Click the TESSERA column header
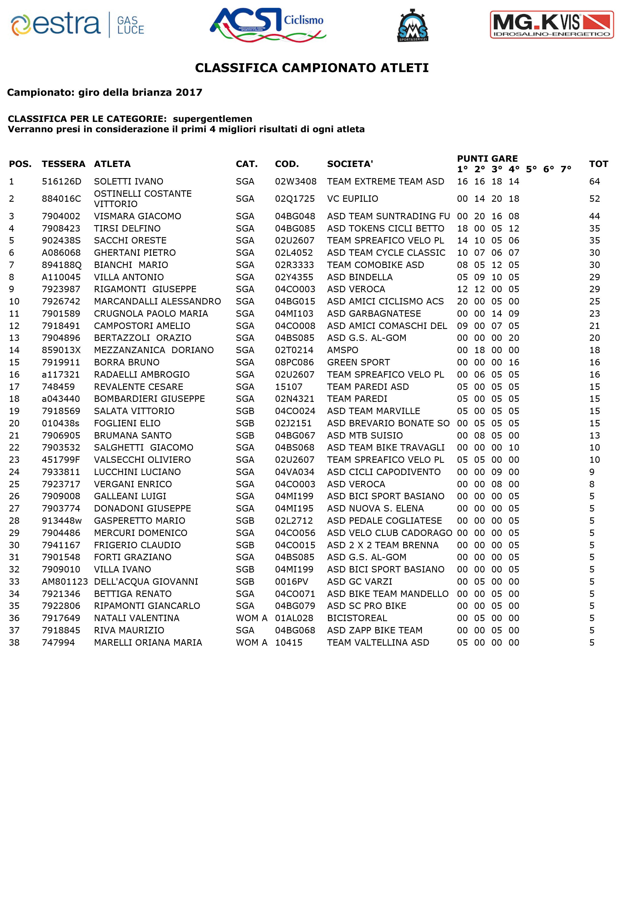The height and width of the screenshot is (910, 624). (63, 164)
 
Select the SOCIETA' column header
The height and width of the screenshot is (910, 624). (350, 164)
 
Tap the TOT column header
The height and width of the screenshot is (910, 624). (599, 164)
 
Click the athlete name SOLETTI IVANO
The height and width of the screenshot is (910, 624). (128, 182)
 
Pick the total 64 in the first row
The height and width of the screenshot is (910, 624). (594, 182)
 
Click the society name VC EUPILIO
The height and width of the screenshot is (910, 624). (353, 199)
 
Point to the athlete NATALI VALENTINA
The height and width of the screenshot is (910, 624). (137, 618)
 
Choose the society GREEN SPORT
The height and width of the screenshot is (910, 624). (358, 363)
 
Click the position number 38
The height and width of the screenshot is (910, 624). (14, 643)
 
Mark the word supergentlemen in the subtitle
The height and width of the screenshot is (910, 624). (213, 119)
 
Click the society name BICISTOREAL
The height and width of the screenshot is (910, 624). (357, 618)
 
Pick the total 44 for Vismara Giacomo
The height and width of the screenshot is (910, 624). (594, 216)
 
